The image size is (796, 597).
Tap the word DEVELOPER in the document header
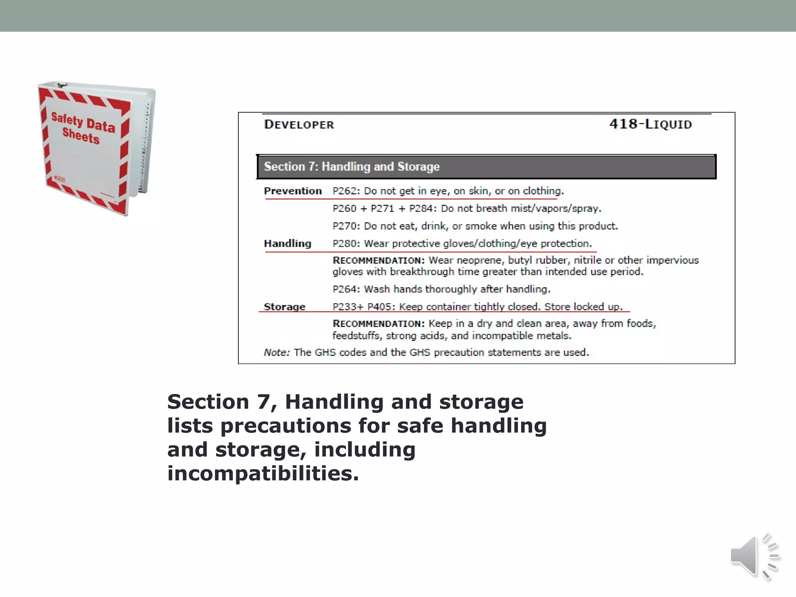[x=299, y=125]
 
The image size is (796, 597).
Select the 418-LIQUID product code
[x=650, y=124]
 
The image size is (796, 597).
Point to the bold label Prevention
[x=293, y=191]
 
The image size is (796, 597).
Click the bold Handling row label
[x=288, y=244]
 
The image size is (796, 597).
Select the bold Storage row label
[x=285, y=307]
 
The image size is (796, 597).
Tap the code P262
[x=346, y=191]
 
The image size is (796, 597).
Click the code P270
[x=346, y=226]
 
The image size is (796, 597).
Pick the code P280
[x=346, y=244]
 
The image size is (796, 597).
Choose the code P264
[x=346, y=289]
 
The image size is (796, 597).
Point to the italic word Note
[x=276, y=353]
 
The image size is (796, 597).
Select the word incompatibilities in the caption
[x=263, y=473]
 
